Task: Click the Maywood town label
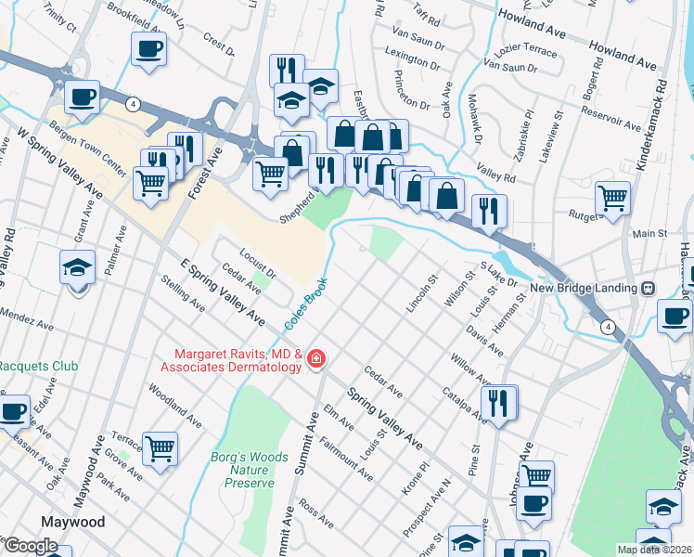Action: (71, 522)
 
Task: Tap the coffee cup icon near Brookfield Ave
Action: (148, 49)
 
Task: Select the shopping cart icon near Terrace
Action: (161, 448)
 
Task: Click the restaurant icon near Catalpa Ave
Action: (499, 402)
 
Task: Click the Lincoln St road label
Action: (421, 293)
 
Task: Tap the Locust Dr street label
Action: (257, 263)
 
